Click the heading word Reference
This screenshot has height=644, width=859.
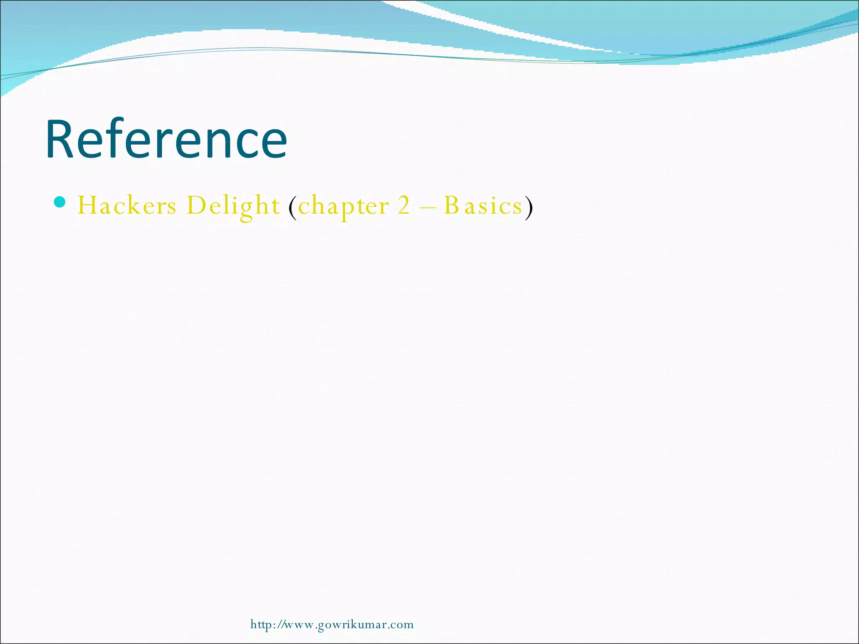167,139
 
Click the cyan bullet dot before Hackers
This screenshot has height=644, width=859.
60,203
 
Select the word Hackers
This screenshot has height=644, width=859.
127,206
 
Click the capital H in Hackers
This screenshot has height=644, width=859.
88,206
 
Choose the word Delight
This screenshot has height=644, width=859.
233,206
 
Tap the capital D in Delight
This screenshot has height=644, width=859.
195,206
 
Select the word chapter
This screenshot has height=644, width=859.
344,207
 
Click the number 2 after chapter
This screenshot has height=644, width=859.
403,206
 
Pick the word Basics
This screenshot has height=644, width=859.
483,206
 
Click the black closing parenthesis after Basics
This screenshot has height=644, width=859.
529,207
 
